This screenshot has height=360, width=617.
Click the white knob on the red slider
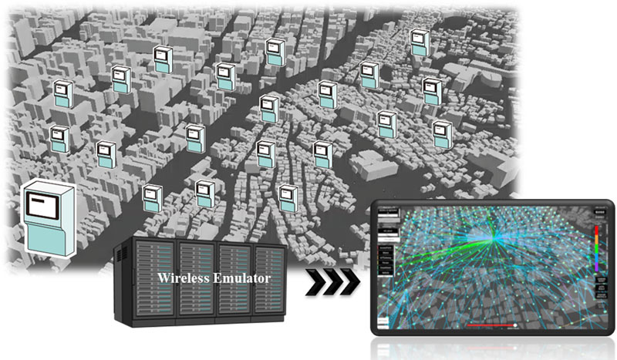coord(515,325)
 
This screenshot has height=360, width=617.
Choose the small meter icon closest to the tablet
coord(288,196)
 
